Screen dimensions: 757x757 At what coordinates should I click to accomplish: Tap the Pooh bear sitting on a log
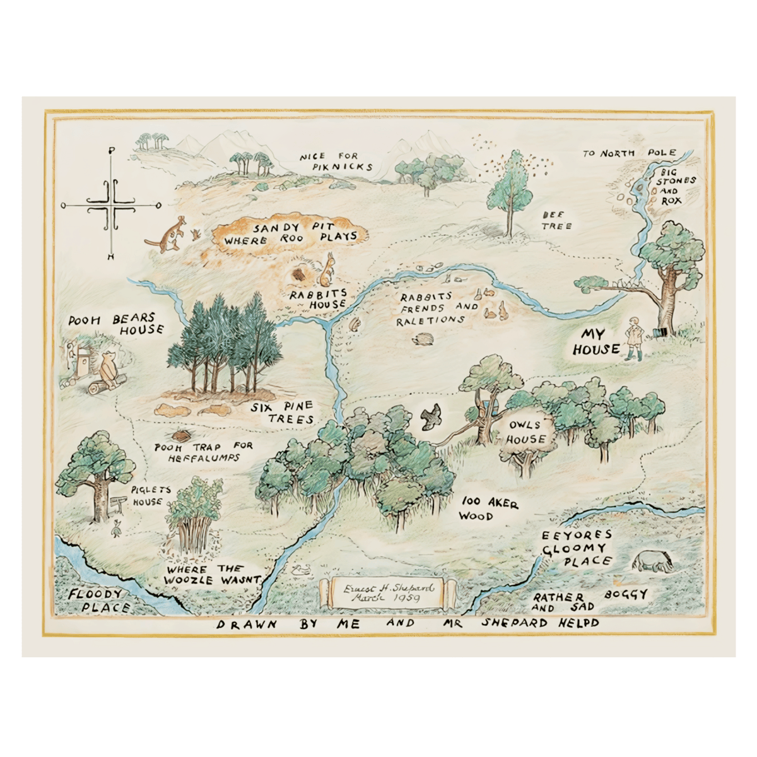[109, 370]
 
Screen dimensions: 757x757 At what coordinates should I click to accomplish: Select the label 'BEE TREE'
[556, 220]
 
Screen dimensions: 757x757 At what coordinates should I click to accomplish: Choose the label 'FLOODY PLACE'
[96, 601]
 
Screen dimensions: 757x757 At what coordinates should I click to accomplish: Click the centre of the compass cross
[112, 205]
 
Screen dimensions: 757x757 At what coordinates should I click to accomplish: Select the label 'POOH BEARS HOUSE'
[116, 324]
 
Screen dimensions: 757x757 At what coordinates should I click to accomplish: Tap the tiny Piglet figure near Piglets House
[116, 529]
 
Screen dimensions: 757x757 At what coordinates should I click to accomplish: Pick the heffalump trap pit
[182, 436]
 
